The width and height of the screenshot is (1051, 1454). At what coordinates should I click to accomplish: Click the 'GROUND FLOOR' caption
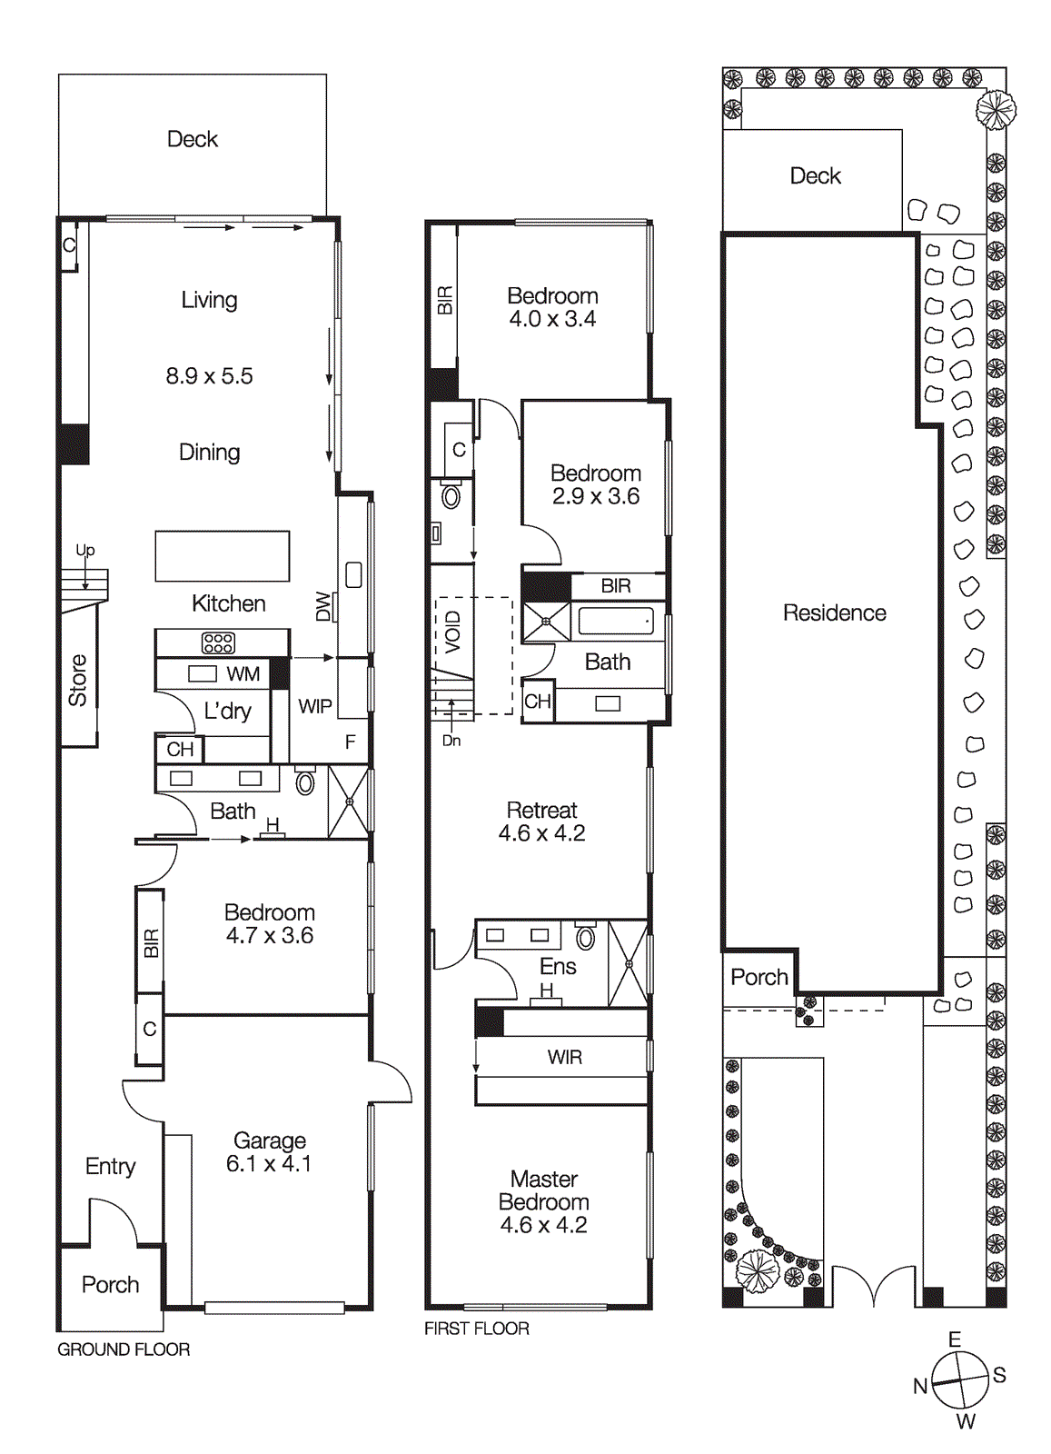(x=124, y=1349)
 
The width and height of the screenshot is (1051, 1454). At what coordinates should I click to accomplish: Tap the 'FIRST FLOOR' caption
(x=476, y=1329)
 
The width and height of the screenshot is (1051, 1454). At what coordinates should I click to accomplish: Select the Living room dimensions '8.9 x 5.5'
(x=209, y=376)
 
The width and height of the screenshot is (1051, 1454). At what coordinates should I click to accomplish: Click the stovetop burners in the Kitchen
(x=218, y=643)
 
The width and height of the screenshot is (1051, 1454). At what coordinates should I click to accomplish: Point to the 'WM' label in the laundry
(x=243, y=674)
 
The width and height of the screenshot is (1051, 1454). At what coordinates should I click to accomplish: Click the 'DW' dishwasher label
(x=323, y=606)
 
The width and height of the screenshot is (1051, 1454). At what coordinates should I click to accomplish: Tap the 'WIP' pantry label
(x=314, y=706)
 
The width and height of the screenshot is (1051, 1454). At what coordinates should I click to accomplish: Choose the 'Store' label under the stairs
(x=78, y=680)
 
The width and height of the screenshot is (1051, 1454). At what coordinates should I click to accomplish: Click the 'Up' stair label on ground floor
(x=84, y=550)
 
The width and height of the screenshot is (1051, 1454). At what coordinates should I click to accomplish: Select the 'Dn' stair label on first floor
(x=451, y=741)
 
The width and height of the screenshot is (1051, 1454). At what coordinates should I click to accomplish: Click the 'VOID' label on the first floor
(x=453, y=632)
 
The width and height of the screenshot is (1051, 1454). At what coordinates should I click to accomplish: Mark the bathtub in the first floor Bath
(x=616, y=622)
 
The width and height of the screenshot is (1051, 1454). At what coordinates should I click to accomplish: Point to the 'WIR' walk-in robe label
(x=564, y=1057)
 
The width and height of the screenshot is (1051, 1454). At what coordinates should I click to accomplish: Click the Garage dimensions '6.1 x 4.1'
(x=269, y=1164)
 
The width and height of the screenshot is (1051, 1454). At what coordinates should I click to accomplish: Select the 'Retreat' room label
(x=541, y=810)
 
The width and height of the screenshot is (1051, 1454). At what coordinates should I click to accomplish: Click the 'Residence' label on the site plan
(x=834, y=613)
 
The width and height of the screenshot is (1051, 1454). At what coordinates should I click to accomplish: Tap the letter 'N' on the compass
(x=920, y=1386)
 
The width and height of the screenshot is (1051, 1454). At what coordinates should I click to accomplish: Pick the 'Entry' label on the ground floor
(x=110, y=1166)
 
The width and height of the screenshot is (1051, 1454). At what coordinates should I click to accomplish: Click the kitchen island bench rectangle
(x=223, y=556)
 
